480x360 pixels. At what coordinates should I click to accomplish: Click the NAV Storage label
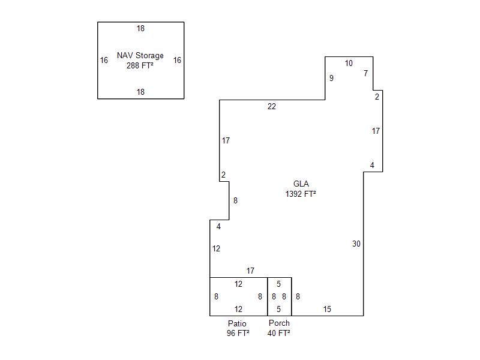point(140,55)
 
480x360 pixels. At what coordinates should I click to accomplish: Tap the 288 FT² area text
point(140,65)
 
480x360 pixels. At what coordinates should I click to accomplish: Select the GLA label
point(301,184)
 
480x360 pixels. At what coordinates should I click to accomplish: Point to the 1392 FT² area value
point(301,194)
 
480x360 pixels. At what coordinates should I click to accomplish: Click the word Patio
point(237,323)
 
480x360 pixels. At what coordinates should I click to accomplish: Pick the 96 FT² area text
point(238,333)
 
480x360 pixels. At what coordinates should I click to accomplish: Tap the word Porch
point(279,323)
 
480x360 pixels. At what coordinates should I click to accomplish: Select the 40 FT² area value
point(278,333)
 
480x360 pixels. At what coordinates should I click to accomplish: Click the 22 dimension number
point(272,106)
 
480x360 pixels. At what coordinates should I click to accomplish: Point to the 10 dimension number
point(349,63)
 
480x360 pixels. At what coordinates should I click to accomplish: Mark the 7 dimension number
point(365,73)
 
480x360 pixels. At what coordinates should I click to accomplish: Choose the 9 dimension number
point(331,78)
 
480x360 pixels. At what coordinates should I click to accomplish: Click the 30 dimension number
point(356,244)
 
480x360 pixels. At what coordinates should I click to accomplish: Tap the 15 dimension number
point(327,309)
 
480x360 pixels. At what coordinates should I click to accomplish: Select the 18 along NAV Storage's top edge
point(140,28)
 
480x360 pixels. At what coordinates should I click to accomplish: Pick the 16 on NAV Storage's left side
point(104,60)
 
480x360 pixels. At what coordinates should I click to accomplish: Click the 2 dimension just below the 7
point(377,97)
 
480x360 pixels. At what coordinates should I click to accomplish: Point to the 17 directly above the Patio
point(250,271)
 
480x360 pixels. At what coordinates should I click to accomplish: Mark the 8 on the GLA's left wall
point(235,200)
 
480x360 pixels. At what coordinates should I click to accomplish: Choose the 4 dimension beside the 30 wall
point(372,166)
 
